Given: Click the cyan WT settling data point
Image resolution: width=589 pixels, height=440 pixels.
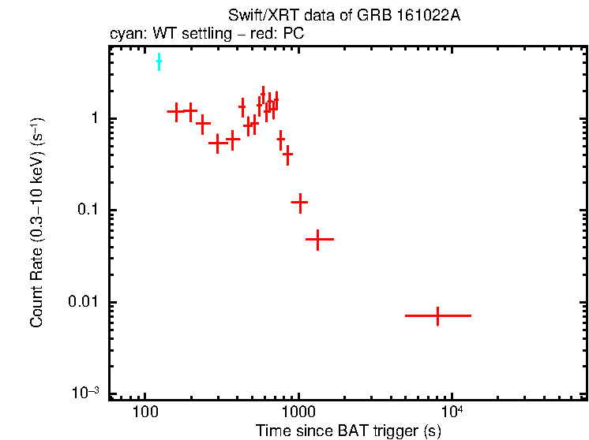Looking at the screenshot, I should [159, 62].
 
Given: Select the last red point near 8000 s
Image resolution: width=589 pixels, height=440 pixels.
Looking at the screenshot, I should [437, 315].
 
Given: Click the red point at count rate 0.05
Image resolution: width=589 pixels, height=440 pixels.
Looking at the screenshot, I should [317, 238].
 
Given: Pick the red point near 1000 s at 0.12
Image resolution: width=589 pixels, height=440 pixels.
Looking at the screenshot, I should [299, 202].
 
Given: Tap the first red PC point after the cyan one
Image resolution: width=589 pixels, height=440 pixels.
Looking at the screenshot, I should [175, 111].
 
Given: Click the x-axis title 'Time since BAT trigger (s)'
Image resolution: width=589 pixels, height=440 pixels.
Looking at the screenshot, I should [348, 431].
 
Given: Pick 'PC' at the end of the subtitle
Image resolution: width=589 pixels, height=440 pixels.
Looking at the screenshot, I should [294, 34].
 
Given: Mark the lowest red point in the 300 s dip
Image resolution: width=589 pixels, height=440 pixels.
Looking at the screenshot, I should [219, 144].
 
